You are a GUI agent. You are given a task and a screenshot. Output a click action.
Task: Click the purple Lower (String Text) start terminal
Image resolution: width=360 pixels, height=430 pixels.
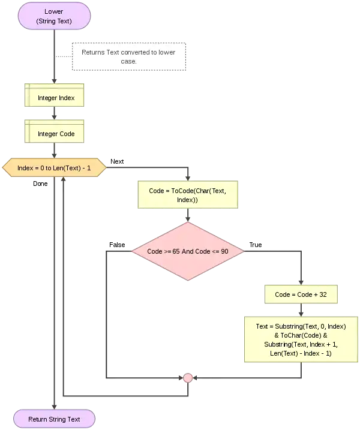tap(54, 16)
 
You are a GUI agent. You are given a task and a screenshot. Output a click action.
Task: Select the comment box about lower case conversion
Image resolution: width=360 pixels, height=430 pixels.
tap(130, 56)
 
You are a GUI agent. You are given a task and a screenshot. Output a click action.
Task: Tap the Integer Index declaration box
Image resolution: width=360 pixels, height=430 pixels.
tap(56, 97)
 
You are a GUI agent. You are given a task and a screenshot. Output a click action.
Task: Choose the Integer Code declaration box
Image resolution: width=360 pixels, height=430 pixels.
tap(56, 134)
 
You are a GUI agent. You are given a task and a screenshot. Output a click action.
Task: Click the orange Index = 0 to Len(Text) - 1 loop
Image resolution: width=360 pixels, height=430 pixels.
tap(55, 169)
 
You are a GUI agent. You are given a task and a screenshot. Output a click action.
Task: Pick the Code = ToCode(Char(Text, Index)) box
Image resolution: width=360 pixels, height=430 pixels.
tap(187, 194)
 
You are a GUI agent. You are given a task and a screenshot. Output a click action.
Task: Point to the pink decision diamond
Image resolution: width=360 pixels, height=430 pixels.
tap(187, 251)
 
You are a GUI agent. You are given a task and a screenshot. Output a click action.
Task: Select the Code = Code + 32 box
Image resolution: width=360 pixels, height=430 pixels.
tap(300, 294)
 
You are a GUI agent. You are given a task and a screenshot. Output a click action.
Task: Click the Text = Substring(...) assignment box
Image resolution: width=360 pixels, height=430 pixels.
tap(301, 340)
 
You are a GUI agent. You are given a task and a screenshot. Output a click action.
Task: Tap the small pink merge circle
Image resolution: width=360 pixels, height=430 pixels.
tap(188, 378)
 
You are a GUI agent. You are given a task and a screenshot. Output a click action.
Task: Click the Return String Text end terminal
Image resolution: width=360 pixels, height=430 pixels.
tap(54, 419)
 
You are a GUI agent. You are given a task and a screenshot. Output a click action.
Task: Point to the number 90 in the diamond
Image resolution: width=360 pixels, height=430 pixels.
tap(224, 251)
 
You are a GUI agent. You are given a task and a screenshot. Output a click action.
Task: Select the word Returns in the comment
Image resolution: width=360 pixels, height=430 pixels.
tap(93, 52)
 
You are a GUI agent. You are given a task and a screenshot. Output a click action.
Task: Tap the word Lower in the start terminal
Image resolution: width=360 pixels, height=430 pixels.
tap(54, 11)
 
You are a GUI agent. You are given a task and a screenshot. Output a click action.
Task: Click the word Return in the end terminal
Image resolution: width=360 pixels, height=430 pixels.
tap(38, 419)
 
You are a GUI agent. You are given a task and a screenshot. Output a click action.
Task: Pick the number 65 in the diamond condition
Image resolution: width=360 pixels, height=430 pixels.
tap(176, 251)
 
